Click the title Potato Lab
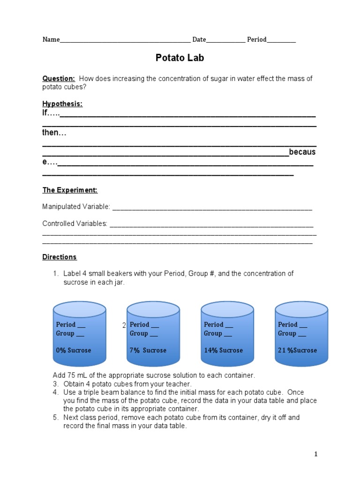pyautogui.click(x=180, y=58)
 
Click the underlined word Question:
pyautogui.click(x=59, y=79)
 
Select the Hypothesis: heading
pyautogui.click(x=62, y=104)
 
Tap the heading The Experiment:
pyautogui.click(x=70, y=190)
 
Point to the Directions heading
pyautogui.click(x=60, y=257)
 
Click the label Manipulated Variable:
pyautogui.click(x=76, y=207)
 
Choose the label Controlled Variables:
pyautogui.click(x=75, y=224)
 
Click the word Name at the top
pyautogui.click(x=51, y=40)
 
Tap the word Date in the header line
pyautogui.click(x=199, y=40)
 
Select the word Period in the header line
pyautogui.click(x=257, y=40)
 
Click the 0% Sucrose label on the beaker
pyautogui.click(x=74, y=350)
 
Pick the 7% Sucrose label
pyautogui.click(x=148, y=350)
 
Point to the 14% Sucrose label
pyautogui.click(x=223, y=350)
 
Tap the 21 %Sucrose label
pyautogui.click(x=297, y=350)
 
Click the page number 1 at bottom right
pyautogui.click(x=316, y=454)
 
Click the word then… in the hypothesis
pyautogui.click(x=54, y=133)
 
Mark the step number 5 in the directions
pyautogui.click(x=55, y=417)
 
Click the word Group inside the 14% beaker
pyautogui.click(x=213, y=333)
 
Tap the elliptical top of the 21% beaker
pyautogui.click(x=301, y=309)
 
